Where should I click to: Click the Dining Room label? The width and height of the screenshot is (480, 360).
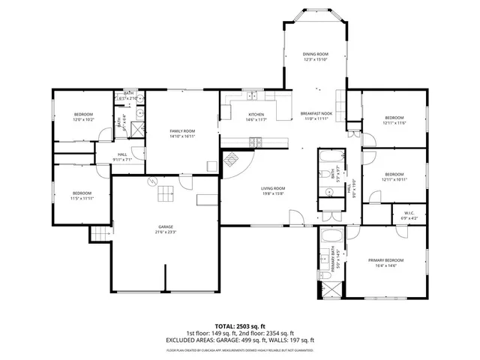315,55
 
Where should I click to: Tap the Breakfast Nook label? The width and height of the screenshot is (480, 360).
317,114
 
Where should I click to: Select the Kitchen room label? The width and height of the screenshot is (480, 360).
256,115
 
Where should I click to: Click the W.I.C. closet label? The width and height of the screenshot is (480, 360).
409,213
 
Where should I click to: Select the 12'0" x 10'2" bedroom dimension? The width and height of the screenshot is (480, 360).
83,119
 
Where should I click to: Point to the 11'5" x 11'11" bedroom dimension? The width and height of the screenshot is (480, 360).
82,198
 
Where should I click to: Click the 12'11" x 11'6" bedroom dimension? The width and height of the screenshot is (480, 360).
394,123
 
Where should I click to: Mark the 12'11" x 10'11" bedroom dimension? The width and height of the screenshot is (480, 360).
394,179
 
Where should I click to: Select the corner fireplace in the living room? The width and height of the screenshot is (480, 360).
232,160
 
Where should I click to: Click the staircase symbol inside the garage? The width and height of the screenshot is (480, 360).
165,194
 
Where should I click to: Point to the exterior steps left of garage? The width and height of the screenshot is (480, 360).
100,235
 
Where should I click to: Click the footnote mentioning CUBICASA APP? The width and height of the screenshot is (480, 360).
240,350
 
